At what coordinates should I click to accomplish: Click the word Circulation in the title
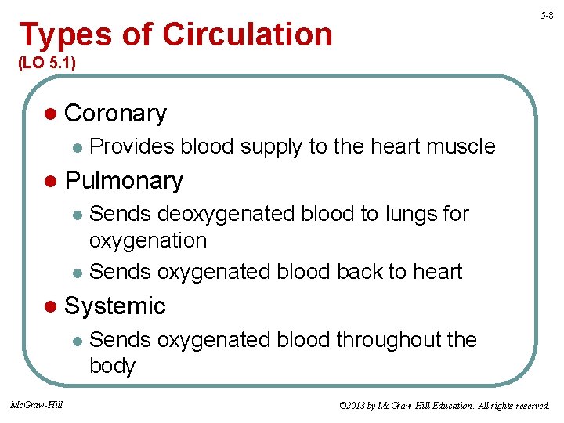point(248,34)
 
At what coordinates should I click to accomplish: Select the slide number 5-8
point(548,15)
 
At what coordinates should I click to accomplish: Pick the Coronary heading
point(115,114)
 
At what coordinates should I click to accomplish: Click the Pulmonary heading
point(124,181)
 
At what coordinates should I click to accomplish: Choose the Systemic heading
point(115,305)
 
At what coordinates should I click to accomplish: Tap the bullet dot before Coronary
point(51,114)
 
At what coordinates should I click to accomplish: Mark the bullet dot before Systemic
point(51,306)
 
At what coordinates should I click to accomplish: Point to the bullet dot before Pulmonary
point(51,182)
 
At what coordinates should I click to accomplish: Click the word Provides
point(132,146)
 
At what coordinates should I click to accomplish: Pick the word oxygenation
point(148,240)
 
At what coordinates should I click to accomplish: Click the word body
point(113,367)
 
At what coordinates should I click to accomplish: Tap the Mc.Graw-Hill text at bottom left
point(36,405)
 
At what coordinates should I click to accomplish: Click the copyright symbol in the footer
point(342,406)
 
